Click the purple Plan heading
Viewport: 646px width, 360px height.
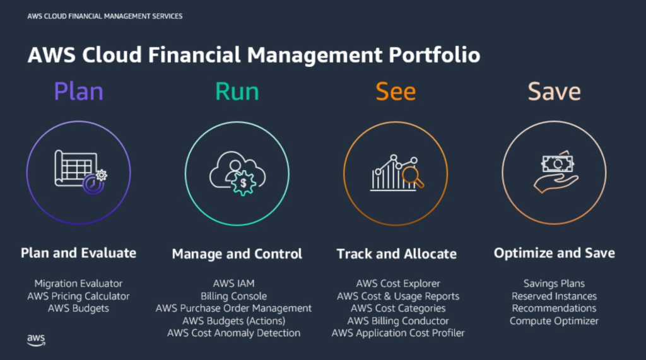pyautogui.click(x=78, y=91)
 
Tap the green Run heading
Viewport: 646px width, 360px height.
pyautogui.click(x=237, y=91)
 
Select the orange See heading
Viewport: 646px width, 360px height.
pyautogui.click(x=396, y=91)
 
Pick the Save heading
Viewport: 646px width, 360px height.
pyautogui.click(x=554, y=91)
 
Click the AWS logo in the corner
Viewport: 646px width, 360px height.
pyautogui.click(x=36, y=340)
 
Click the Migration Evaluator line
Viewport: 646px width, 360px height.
pyautogui.click(x=78, y=284)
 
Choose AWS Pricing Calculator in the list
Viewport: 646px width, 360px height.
pyautogui.click(x=78, y=296)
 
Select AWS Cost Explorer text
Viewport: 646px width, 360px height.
pyautogui.click(x=398, y=284)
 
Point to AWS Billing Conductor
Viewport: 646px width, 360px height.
pyautogui.click(x=398, y=320)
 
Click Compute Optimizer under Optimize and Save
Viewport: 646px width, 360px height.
pyautogui.click(x=554, y=320)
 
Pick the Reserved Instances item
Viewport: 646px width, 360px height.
pyautogui.click(x=554, y=296)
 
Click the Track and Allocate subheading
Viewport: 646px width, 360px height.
pyautogui.click(x=396, y=254)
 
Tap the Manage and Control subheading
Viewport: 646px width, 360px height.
pyautogui.click(x=237, y=254)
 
